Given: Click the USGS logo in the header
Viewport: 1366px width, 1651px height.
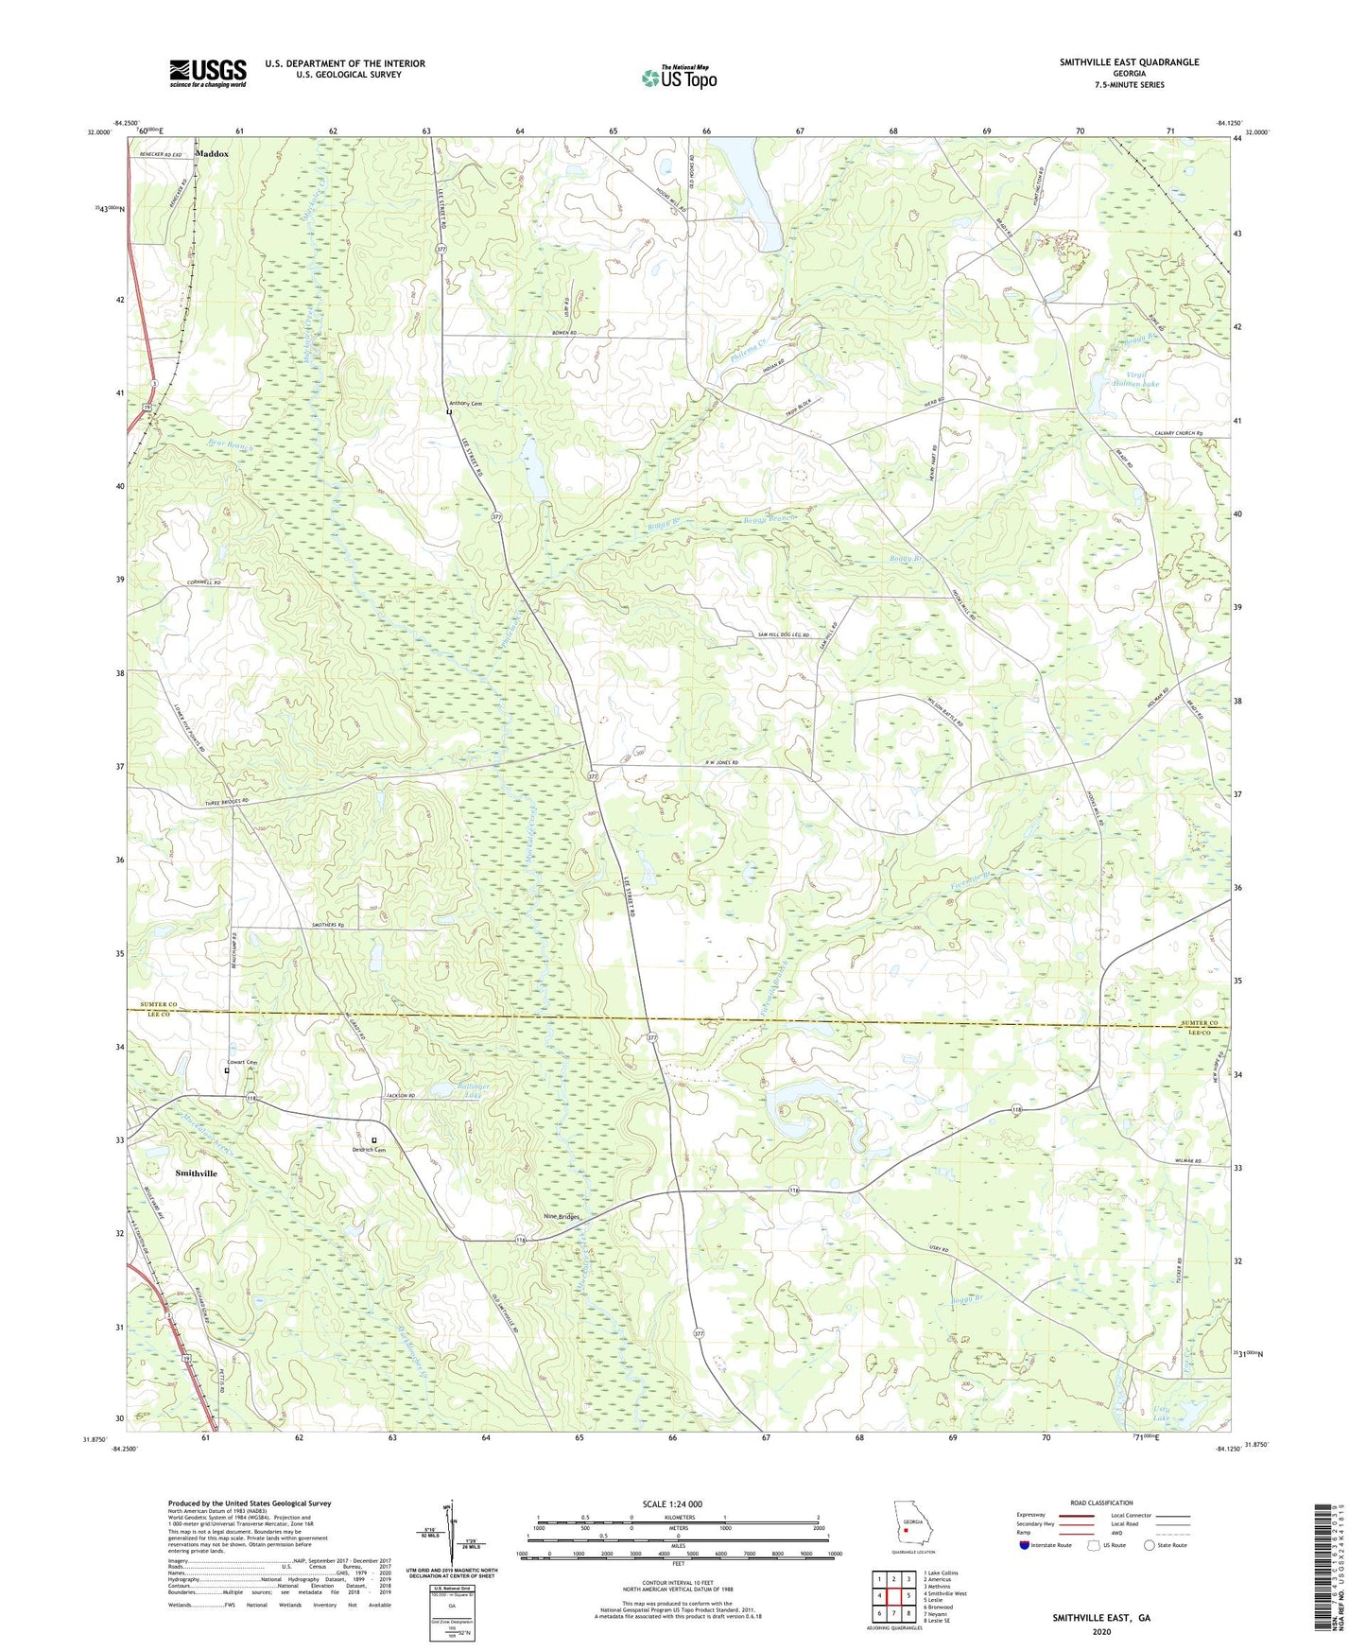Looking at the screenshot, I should tap(208, 73).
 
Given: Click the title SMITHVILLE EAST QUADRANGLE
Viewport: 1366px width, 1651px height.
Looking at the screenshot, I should tap(1129, 62).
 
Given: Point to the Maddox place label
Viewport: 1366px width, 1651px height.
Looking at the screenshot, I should tap(212, 153).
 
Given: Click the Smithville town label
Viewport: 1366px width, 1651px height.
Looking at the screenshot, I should tap(196, 1173).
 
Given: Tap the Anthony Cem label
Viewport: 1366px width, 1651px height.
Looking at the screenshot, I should tap(465, 404).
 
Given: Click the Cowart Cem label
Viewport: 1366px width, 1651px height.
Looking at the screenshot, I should tap(242, 1062).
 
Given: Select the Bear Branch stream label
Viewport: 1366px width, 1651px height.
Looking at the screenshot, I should tap(233, 442).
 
